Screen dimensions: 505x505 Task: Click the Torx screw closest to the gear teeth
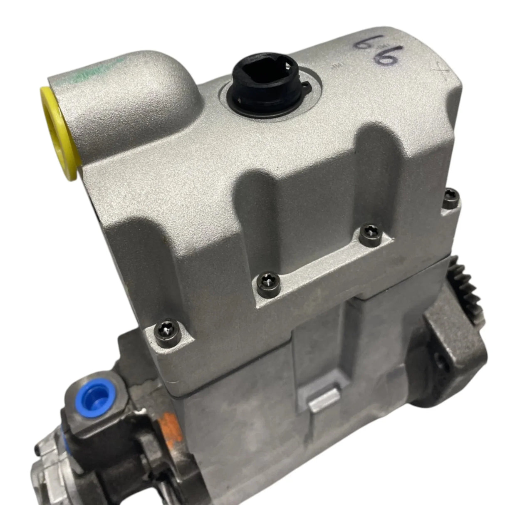451,199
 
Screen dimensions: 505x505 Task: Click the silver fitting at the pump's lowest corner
46,483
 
